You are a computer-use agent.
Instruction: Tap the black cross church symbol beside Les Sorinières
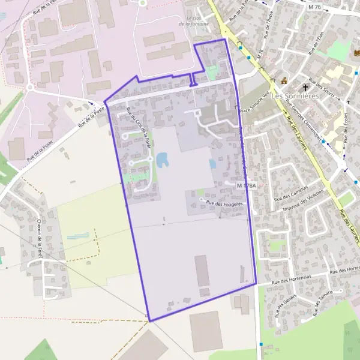point(304,86)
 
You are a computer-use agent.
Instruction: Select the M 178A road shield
point(246,186)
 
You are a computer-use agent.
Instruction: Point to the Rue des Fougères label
point(224,204)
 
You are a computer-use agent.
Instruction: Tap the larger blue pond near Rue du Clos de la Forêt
point(162,160)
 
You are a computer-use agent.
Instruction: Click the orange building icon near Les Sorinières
point(284,81)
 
